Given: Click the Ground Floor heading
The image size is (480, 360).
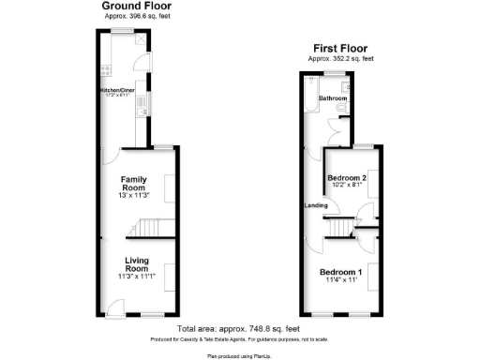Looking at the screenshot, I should pos(137,7).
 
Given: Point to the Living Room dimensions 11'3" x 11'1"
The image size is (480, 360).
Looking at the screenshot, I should pos(138,277).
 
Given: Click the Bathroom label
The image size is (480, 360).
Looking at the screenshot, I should pos(333,97).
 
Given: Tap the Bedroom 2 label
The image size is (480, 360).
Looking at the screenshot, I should pos(346,176).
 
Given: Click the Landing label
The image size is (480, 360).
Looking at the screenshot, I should pos(314,205).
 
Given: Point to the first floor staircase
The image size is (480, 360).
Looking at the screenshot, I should pos(339,226).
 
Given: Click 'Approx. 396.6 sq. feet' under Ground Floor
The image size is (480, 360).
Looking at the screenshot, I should pos(138,17).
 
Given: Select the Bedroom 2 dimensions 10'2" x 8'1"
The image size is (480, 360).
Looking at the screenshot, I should pos(346,186).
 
